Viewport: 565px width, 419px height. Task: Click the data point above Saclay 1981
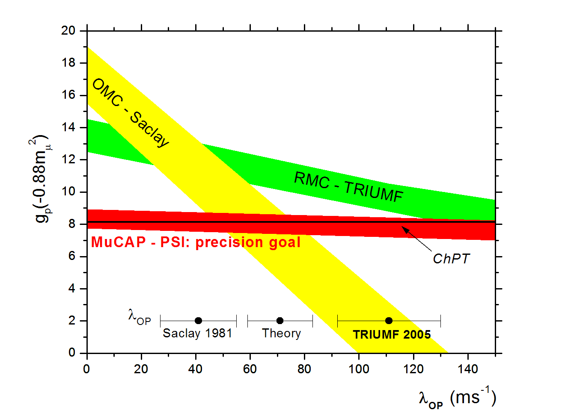coord(198,321)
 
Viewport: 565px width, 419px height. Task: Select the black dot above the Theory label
coord(280,321)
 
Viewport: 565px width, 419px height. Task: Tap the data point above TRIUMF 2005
coord(389,321)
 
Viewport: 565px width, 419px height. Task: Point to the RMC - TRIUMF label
coord(348,186)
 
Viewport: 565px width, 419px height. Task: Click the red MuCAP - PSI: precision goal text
coord(196,242)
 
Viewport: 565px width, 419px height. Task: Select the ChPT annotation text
coord(451,259)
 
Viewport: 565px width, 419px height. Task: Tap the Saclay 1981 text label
coord(197,333)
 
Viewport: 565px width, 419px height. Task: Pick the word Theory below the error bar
coord(281,333)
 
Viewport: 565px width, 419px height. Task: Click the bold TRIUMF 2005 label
coord(392,334)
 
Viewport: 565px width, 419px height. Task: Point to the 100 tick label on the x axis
coord(359,369)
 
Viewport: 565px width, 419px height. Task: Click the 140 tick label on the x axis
coord(468,369)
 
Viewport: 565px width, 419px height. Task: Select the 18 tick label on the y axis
coord(68,63)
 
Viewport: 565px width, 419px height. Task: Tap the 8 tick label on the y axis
coord(71,224)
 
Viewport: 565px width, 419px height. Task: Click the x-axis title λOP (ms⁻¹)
coord(457,398)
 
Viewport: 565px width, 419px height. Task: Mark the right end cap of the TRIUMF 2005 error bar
coord(440,321)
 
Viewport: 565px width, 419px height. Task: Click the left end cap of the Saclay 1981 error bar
coord(160,321)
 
